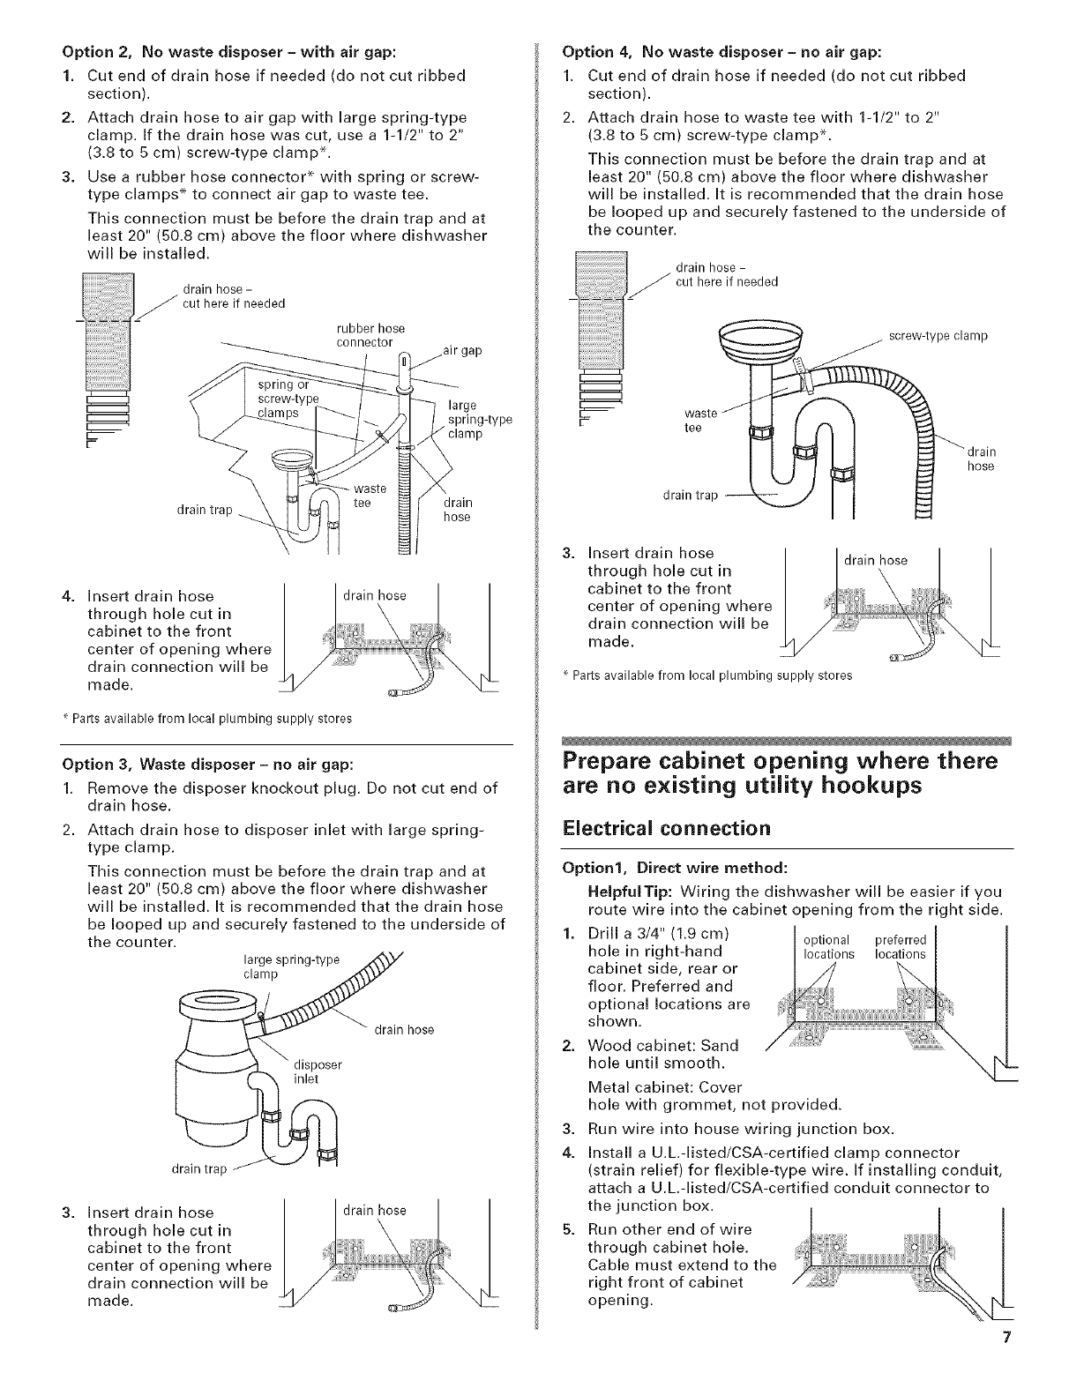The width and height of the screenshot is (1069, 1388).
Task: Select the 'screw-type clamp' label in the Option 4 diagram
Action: (938, 336)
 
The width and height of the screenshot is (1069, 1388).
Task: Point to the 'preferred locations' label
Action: (900, 947)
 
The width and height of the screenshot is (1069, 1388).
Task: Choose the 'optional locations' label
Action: (828, 947)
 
